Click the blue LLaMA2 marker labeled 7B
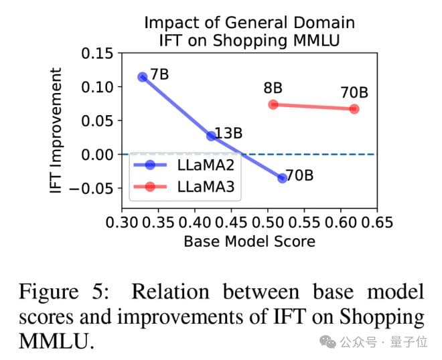click(143, 77)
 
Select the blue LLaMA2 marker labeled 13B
click(212, 135)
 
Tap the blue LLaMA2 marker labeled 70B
click(283, 177)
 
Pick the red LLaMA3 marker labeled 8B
click(273, 104)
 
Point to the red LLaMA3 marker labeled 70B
click(354, 108)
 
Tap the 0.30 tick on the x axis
click(122, 221)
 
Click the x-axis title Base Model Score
click(249, 241)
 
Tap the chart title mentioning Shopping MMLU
click(249, 31)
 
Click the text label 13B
click(229, 132)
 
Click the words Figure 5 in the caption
click(67, 292)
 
